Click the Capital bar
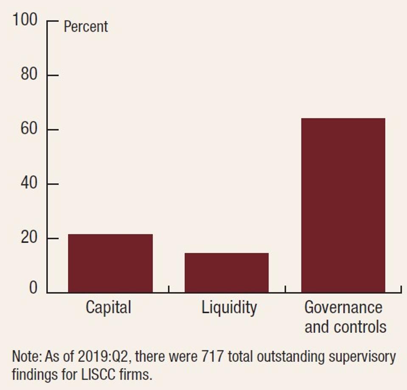coord(110,263)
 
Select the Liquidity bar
coord(227,272)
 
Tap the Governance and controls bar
coord(343,205)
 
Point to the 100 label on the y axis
coord(25,20)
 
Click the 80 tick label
coord(29,75)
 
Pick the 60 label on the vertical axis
coord(29,129)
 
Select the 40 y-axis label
coord(29,184)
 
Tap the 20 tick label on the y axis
coord(29,238)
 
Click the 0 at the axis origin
coord(33,288)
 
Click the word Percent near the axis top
coord(86,27)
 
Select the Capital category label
coord(109,307)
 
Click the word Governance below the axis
coord(343,307)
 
